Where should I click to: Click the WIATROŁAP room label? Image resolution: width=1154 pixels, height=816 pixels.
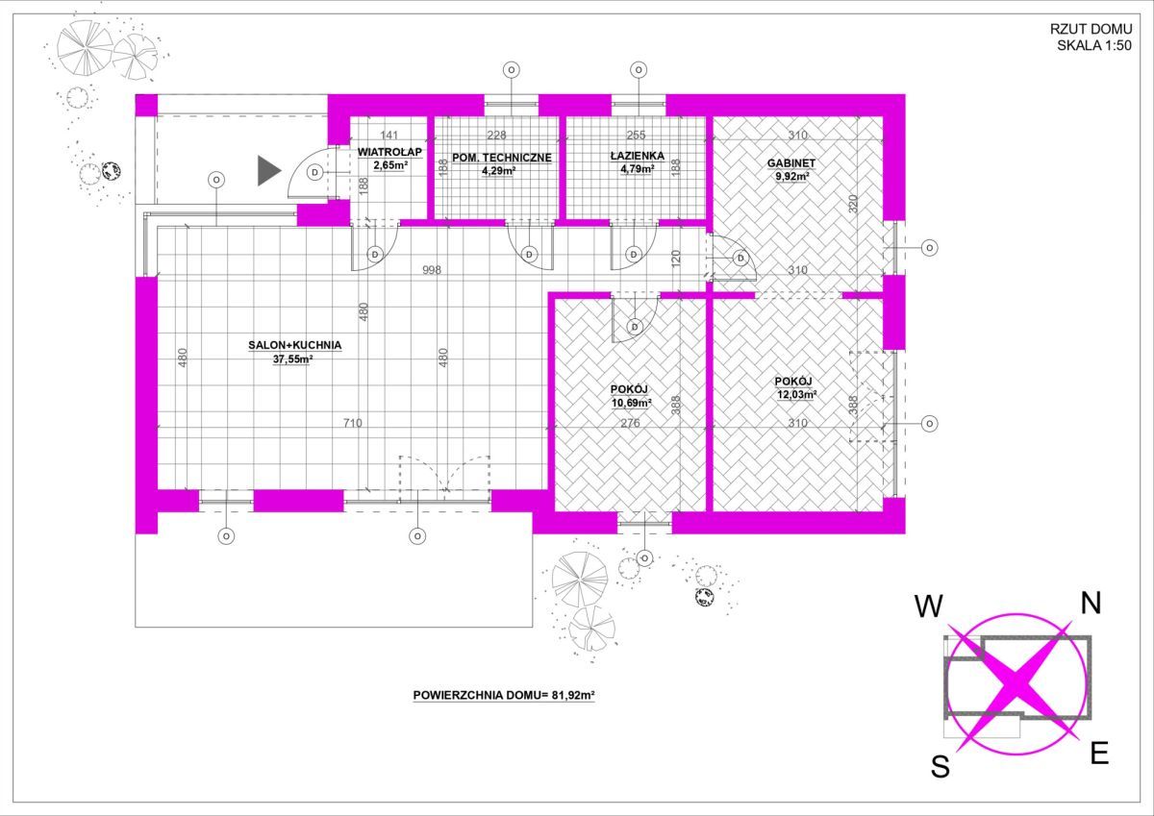point(389,152)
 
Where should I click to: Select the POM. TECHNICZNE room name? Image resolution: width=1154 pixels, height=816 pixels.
point(502,158)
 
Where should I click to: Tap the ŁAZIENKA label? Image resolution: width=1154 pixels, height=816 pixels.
point(638,156)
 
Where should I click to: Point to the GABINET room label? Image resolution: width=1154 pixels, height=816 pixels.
point(791,163)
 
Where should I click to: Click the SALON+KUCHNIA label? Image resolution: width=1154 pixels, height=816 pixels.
point(294,345)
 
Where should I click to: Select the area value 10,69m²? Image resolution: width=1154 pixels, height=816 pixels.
point(631,403)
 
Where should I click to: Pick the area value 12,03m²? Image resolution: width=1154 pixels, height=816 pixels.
point(797,395)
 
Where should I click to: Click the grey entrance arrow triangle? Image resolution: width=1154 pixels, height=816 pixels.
point(268,170)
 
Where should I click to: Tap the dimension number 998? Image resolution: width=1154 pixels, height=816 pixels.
point(432,270)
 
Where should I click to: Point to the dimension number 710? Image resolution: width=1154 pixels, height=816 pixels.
point(353,423)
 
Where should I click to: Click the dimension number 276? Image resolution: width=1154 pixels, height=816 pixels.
point(630,423)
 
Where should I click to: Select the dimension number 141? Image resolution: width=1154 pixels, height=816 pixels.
point(389,135)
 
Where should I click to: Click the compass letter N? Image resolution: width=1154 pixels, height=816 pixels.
point(1091,603)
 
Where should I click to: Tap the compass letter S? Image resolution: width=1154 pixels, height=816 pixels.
point(941,767)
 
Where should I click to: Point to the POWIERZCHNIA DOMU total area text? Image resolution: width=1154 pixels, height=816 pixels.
point(504,696)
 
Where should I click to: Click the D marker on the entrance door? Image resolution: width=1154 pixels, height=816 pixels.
point(315,172)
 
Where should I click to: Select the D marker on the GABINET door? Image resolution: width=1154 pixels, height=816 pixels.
point(740,258)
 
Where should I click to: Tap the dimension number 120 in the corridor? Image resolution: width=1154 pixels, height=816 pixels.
point(676,258)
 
